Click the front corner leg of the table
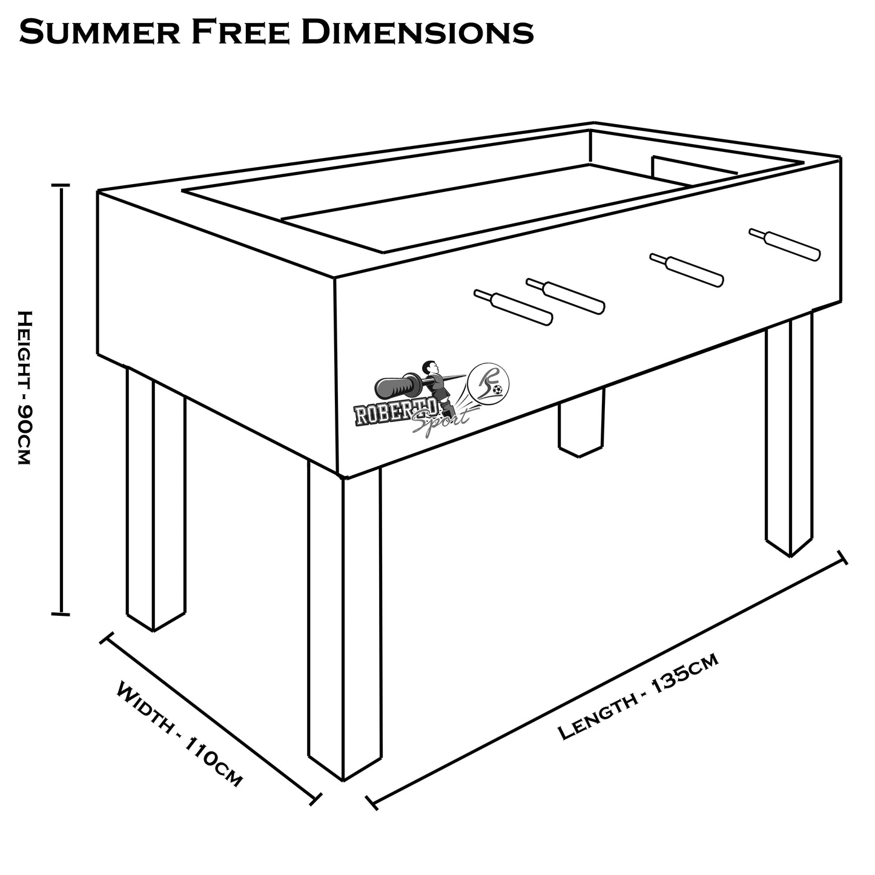tap(344, 624)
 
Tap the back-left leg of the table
tap(155, 497)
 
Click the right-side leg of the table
tap(789, 436)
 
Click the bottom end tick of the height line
tap(61, 615)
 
